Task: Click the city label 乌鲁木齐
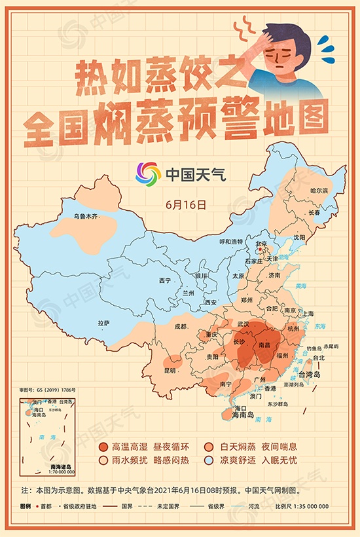coord(85,215)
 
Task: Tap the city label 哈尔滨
coord(319,190)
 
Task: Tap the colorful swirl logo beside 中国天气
coord(148,174)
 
